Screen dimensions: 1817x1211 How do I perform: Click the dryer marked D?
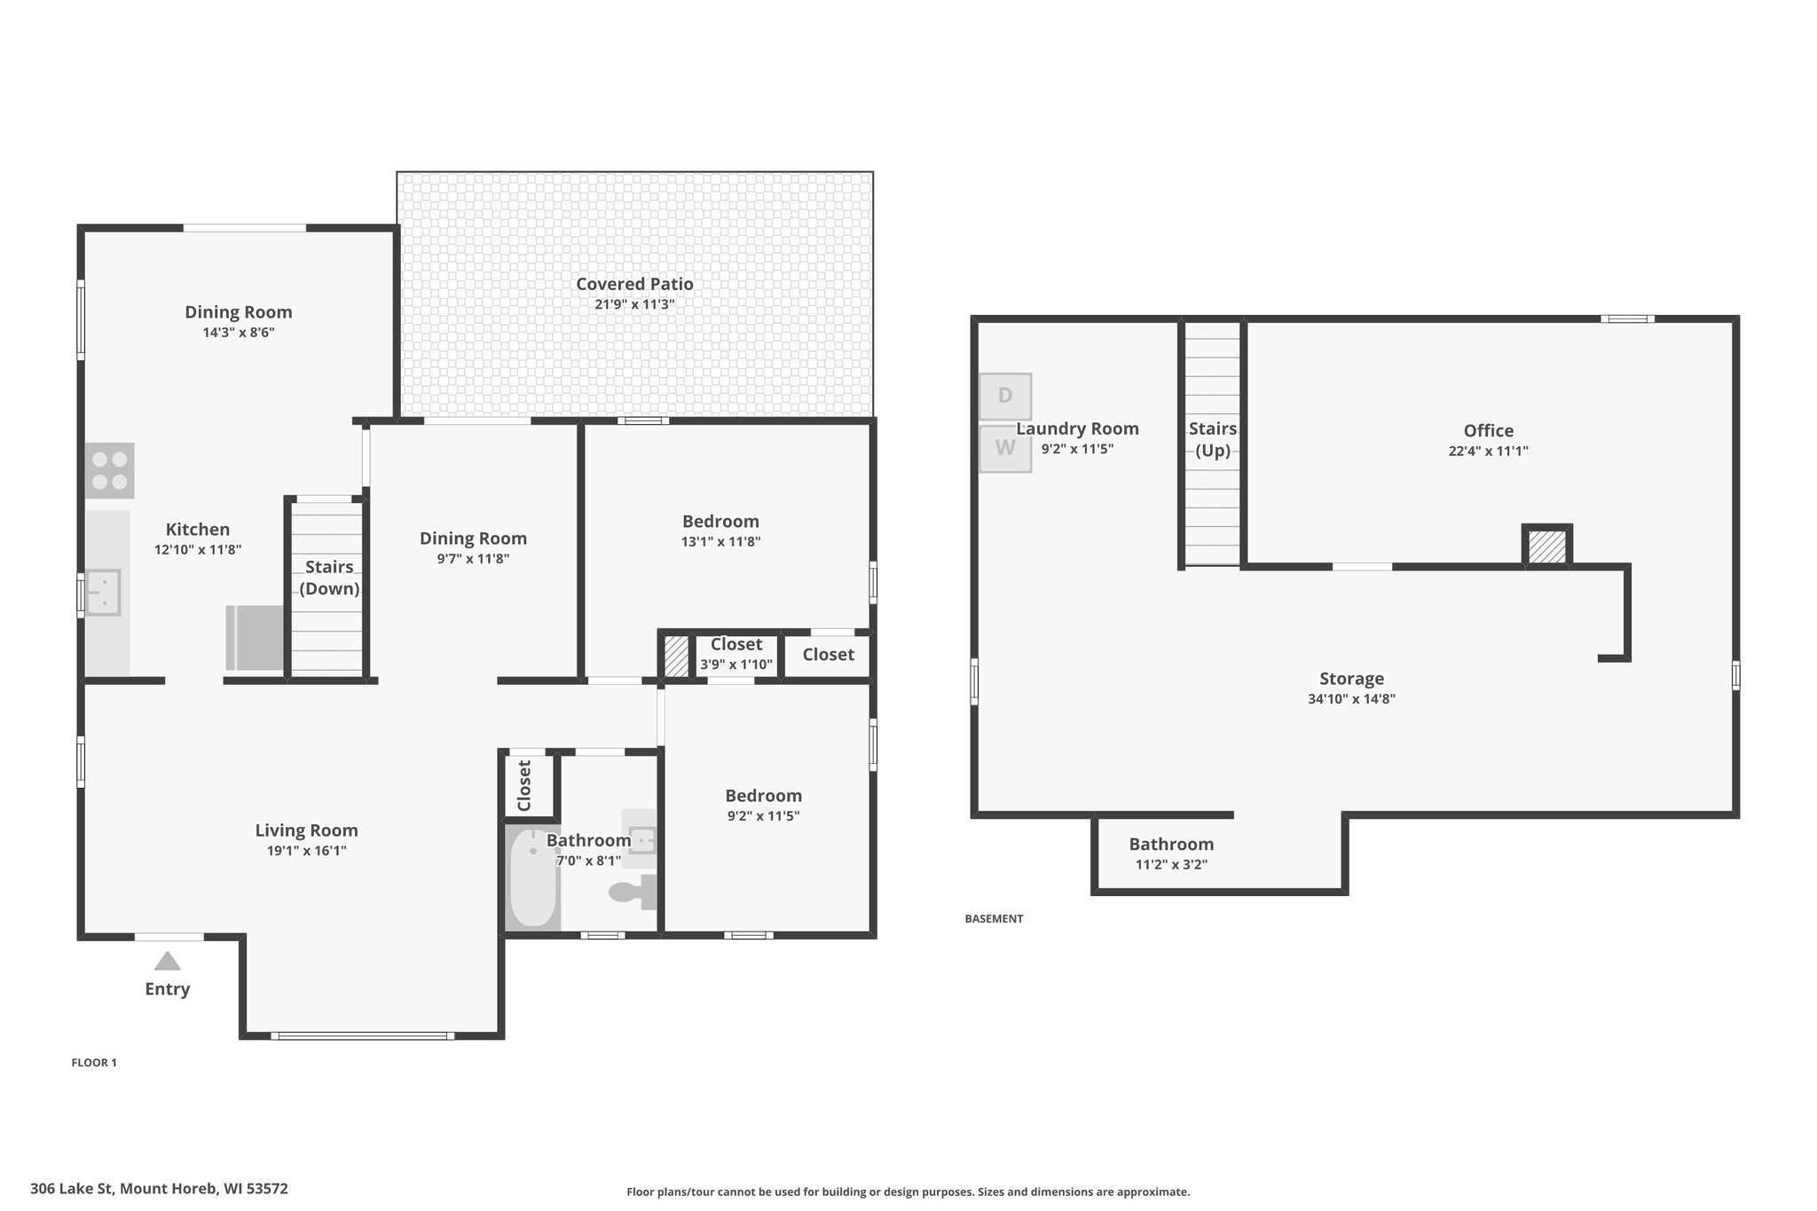pos(1005,396)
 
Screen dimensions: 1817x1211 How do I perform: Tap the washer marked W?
pos(1005,448)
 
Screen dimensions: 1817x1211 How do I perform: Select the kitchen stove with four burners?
pos(110,470)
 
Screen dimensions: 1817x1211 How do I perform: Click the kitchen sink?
pos(103,593)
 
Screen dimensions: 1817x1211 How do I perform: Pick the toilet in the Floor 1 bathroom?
pos(633,892)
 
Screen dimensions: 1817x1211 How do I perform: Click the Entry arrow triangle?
pos(167,961)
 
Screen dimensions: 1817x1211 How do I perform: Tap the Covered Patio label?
pos(634,284)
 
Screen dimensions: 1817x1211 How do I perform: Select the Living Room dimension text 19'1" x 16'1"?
pos(307,851)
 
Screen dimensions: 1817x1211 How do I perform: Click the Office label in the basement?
pos(1489,430)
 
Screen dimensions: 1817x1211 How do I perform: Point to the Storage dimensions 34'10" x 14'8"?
pos(1352,699)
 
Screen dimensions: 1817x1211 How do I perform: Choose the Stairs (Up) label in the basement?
pos(1213,439)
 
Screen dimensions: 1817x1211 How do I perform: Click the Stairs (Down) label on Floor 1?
pos(329,578)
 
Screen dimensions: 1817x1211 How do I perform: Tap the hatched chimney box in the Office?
pos(1548,546)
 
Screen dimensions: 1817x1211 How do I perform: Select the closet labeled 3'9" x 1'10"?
pos(736,656)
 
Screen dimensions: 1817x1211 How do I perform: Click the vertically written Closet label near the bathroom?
pos(524,785)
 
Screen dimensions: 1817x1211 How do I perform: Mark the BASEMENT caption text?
pos(994,919)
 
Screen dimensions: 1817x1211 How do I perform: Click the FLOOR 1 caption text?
pos(94,1063)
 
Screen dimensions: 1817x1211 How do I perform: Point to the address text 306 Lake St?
pos(72,1189)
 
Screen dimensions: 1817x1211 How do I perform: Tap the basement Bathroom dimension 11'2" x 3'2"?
pos(1172,865)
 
